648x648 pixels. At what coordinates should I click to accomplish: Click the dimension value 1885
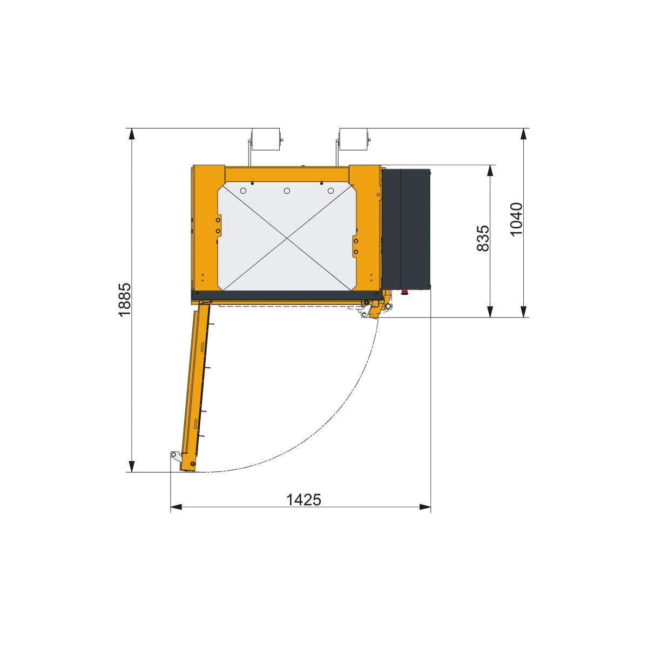click(x=125, y=300)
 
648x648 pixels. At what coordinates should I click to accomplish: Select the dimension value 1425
click(x=303, y=500)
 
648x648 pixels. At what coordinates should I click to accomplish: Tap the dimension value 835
click(x=483, y=239)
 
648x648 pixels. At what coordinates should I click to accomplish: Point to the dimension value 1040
click(x=516, y=220)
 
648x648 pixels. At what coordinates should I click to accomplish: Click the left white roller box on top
click(x=265, y=139)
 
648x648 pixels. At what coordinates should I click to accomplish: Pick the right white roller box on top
click(x=353, y=139)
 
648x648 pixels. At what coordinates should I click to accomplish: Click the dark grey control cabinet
click(x=406, y=230)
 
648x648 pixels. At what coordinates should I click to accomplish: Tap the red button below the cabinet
click(x=404, y=293)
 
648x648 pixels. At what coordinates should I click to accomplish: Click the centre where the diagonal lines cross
click(x=287, y=239)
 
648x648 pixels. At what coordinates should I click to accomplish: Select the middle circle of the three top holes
click(x=287, y=191)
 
